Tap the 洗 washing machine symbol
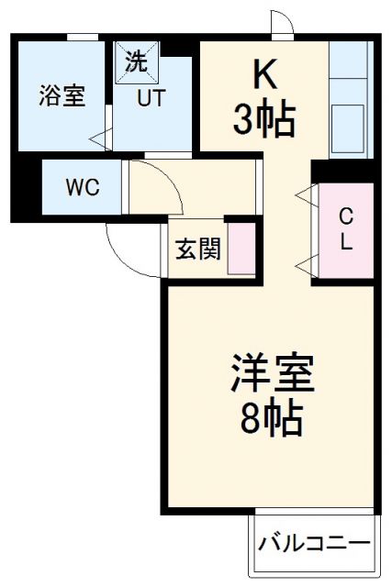(x=135, y=62)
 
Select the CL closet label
(x=346, y=229)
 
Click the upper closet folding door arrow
(x=304, y=194)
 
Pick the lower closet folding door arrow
(x=304, y=265)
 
